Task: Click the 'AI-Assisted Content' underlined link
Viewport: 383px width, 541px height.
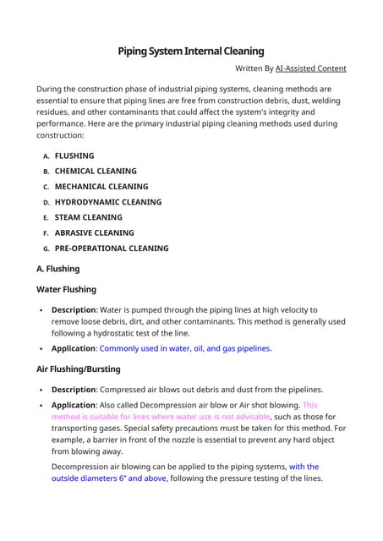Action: (305, 68)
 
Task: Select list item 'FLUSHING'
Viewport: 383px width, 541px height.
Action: (74, 156)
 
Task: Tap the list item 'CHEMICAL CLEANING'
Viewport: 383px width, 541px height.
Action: (95, 171)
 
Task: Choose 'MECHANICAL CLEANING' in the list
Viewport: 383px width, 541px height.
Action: (101, 186)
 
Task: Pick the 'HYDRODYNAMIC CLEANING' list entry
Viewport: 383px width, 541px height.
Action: (107, 202)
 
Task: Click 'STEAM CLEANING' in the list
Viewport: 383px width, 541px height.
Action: (88, 217)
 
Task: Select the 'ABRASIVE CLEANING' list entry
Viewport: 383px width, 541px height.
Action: (94, 232)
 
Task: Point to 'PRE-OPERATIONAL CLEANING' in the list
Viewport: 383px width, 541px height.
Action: (112, 249)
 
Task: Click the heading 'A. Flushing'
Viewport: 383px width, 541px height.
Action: (58, 269)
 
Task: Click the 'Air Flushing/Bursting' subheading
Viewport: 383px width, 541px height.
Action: (79, 369)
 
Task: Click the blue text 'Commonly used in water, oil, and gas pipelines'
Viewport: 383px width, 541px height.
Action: (185, 348)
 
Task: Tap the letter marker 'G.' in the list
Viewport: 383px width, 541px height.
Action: (47, 249)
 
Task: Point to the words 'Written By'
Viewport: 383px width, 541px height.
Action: (253, 68)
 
